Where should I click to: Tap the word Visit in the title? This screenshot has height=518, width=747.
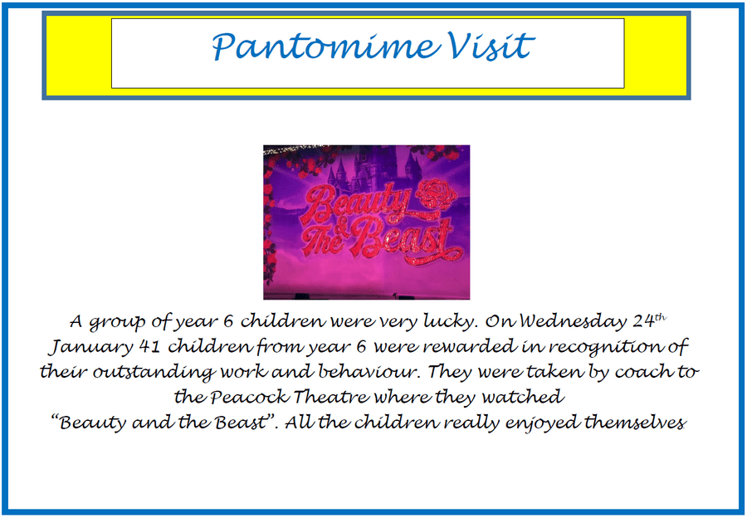click(x=489, y=46)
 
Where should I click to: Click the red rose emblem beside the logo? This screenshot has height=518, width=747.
click(x=436, y=194)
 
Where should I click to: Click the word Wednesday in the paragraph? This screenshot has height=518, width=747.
click(x=573, y=321)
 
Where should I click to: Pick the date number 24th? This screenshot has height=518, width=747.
click(x=649, y=320)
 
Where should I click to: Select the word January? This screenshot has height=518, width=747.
click(x=91, y=347)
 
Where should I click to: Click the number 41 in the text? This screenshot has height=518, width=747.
click(x=150, y=347)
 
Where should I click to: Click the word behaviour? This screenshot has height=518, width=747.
click(x=368, y=372)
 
